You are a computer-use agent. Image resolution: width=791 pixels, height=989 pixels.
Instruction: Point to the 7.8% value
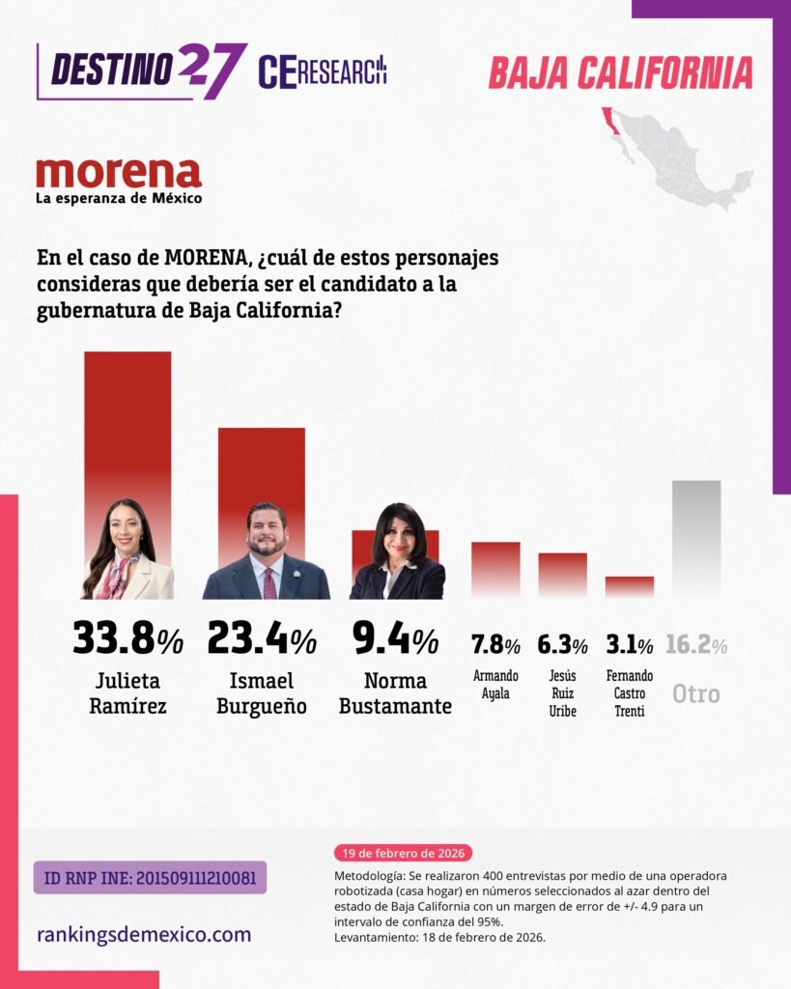pos(495,644)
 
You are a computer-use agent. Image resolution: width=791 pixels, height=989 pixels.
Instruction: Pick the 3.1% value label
pos(629,644)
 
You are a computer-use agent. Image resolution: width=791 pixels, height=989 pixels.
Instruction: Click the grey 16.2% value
pos(695,644)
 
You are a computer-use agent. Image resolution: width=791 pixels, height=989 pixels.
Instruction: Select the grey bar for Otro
pos(696,536)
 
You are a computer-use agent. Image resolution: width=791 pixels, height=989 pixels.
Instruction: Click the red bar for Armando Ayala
pos(495,568)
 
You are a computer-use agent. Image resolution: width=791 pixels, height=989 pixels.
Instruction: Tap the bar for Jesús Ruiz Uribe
pos(562,574)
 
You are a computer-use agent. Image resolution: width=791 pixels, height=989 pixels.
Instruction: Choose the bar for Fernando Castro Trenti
pos(630,586)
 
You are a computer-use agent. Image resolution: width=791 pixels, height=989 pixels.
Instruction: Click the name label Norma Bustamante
pos(394,692)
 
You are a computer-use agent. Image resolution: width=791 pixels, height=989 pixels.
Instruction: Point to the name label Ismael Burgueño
pos(261,692)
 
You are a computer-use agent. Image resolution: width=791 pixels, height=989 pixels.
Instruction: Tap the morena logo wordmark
pos(119,174)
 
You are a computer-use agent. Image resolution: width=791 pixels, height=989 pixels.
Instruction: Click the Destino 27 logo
pos(141,70)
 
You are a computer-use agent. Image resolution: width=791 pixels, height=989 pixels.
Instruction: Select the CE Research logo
pos(323,71)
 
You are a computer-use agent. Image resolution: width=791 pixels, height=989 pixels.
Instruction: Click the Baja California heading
pos(620,73)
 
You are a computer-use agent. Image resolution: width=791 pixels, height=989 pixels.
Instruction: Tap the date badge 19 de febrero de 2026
pos(403,853)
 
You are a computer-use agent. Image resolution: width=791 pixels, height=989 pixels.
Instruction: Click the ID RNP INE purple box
pos(150,877)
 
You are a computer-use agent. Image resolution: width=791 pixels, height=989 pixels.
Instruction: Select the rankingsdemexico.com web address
pos(144,934)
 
